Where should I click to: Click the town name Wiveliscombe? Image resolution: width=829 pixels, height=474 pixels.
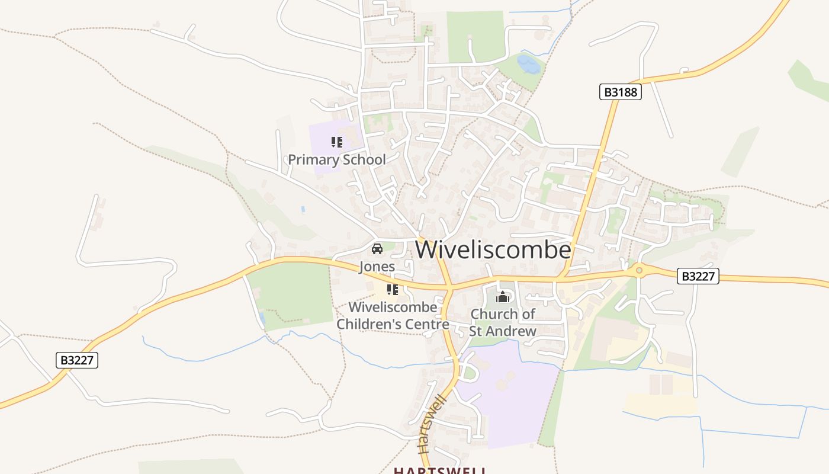pos(493,250)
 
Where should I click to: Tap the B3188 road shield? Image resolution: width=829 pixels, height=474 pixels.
pos(620,92)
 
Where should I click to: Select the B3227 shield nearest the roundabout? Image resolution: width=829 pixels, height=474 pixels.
pos(698,276)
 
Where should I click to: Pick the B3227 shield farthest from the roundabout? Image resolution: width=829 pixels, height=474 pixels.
pos(77,360)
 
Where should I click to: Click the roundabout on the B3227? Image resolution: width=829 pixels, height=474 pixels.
pos(639,271)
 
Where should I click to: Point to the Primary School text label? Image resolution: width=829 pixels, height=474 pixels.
pos(336,159)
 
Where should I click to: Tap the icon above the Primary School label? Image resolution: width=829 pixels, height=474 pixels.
pos(337,142)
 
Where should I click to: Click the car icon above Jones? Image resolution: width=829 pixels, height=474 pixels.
pos(377,249)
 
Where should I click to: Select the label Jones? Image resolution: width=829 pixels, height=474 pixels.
pos(377,267)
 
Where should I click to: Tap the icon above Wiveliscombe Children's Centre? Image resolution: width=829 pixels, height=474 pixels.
pos(392,290)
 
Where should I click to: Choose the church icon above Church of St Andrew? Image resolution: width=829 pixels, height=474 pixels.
pos(503,297)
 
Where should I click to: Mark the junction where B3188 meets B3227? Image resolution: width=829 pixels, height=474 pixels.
pos(560,277)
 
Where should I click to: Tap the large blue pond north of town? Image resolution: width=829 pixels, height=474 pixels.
pos(528,64)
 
